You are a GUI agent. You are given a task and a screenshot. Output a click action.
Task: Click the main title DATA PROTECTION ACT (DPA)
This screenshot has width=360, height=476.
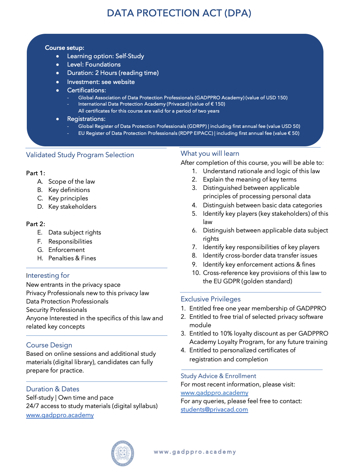pos(179,13)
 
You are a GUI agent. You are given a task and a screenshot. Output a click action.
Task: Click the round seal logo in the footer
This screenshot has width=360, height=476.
pos(123,453)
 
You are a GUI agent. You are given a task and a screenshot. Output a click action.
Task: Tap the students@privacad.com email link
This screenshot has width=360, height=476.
pos(214,409)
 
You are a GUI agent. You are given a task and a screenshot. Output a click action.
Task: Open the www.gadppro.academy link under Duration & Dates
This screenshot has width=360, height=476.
pos(60,415)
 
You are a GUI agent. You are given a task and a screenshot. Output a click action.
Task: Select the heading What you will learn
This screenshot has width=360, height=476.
pos(210,153)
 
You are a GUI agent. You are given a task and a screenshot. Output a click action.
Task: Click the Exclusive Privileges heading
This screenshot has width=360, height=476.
pos(211,299)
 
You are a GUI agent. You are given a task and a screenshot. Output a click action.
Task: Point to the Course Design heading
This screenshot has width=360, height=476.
pos(49,345)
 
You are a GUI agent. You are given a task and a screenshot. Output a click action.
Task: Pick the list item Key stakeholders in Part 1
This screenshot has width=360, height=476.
pos(72,207)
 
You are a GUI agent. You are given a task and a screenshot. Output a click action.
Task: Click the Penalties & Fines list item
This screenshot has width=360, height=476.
pos(72,258)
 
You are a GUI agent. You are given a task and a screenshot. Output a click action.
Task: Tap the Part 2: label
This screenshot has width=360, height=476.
pos(36,224)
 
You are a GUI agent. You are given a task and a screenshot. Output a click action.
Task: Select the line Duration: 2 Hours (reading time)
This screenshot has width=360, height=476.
pos(113,73)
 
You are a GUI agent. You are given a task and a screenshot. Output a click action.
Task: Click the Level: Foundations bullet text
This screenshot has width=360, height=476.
pos(94,64)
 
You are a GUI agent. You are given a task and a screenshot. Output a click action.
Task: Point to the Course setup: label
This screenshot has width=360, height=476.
pos(64,48)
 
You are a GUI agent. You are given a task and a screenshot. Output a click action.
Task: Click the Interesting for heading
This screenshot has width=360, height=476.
pos(48,275)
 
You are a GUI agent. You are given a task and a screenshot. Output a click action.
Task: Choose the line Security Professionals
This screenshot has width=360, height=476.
pos(56,310)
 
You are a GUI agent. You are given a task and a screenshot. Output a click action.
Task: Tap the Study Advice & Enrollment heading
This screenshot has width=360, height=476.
pos(218,376)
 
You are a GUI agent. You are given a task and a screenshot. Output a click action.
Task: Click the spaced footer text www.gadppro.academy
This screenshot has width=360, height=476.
pos(195,452)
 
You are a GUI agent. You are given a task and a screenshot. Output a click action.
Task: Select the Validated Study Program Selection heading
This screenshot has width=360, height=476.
pos(80,155)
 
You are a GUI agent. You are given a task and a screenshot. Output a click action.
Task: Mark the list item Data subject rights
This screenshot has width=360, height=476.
pos(75,232)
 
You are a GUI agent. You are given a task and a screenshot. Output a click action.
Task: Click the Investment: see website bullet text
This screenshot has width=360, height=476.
pos(101,82)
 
